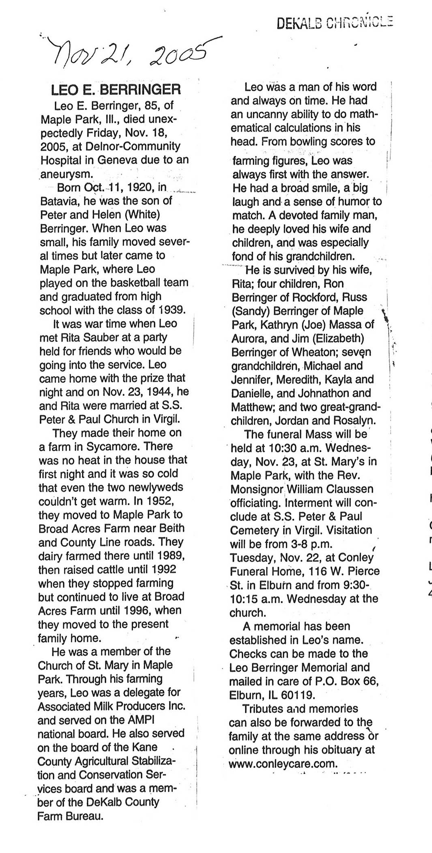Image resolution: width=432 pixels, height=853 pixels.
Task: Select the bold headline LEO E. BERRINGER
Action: (116, 90)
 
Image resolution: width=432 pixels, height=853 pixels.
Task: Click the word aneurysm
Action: (67, 174)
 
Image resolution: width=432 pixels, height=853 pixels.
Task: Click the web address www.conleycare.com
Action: (283, 764)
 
